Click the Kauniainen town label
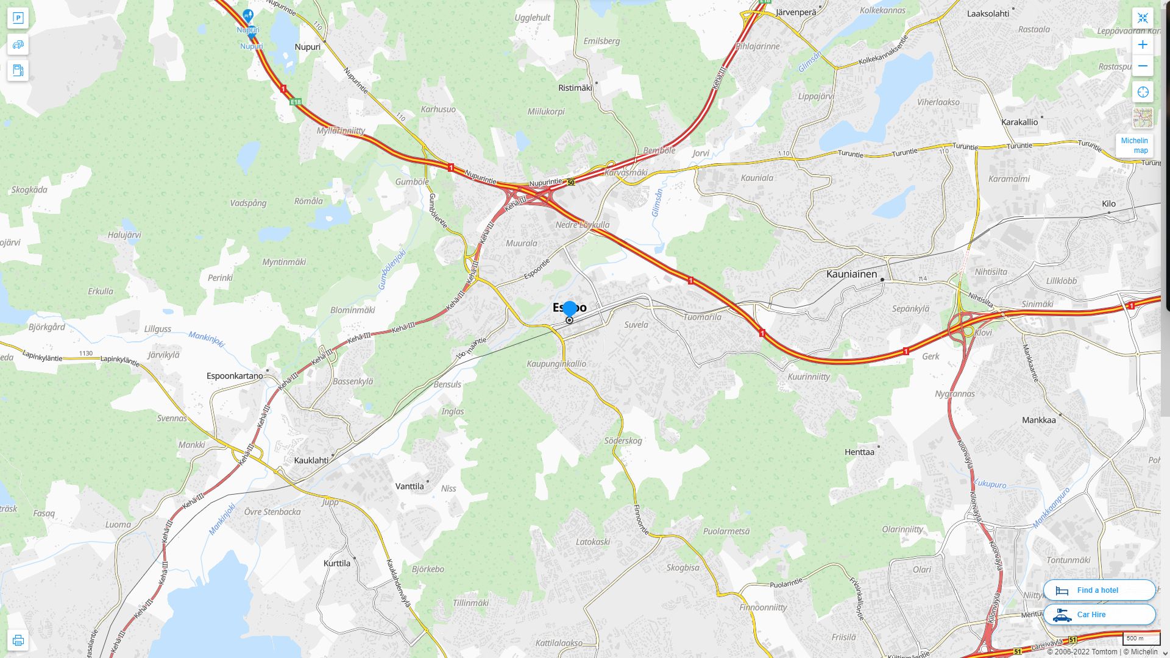[x=851, y=274]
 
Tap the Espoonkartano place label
[x=235, y=376]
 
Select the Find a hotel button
[x=1099, y=590]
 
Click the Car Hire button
[x=1099, y=615]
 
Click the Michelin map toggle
[x=1134, y=146]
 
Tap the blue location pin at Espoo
[x=570, y=310]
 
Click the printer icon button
[x=18, y=640]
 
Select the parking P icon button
[x=18, y=18]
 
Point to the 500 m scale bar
[x=1141, y=639]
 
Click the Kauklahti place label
[x=311, y=461]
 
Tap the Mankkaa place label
[x=1038, y=420]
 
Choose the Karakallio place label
[x=1019, y=122]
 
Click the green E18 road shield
[x=296, y=102]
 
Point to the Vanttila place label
[x=409, y=487]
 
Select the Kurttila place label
[x=337, y=564]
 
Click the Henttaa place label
[x=859, y=452]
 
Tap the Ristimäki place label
[x=575, y=88]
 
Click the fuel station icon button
[x=18, y=71]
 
